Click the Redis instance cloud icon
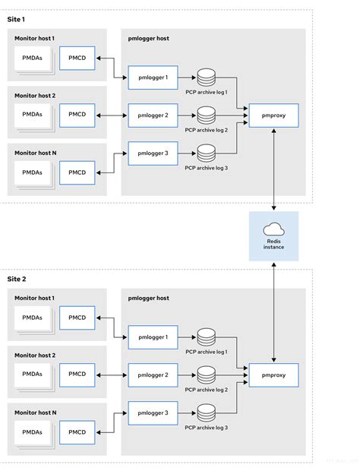(273, 229)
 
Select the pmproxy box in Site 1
(273, 115)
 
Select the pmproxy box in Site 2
(273, 375)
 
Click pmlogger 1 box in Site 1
(153, 77)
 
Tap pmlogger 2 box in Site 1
(153, 115)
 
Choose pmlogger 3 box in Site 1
(153, 153)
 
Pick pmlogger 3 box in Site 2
(153, 413)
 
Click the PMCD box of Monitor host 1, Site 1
(77, 58)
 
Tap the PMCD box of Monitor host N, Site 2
(77, 431)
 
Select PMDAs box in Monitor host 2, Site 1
(32, 115)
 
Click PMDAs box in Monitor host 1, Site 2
(32, 318)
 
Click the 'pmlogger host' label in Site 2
(149, 298)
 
